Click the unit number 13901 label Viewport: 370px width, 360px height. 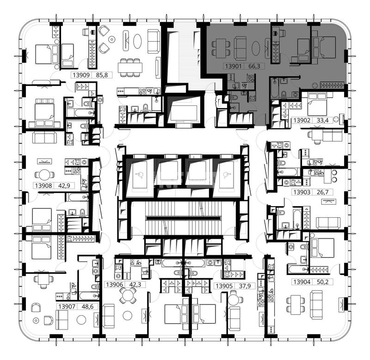(x=233, y=66)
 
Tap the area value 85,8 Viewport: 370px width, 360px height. (x=102, y=75)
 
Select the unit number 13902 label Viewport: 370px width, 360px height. (x=302, y=120)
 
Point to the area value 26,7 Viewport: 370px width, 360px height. (x=322, y=192)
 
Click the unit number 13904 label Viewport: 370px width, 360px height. (x=302, y=282)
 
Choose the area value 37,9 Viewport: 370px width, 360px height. (x=245, y=286)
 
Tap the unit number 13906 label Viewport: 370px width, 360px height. (x=114, y=285)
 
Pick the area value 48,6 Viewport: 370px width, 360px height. (x=87, y=306)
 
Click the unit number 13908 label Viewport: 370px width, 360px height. (x=43, y=185)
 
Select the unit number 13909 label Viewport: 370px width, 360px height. (x=81, y=75)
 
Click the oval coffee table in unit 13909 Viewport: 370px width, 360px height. (x=137, y=41)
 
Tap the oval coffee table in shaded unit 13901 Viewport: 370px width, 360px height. (x=256, y=49)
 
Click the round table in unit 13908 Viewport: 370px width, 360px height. (x=44, y=175)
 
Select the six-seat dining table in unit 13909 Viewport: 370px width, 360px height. (x=130, y=67)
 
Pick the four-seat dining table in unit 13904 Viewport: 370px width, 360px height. (x=296, y=305)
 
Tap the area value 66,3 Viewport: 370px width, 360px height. (x=254, y=66)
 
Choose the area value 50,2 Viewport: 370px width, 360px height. (x=322, y=282)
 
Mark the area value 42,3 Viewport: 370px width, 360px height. (x=135, y=285)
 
